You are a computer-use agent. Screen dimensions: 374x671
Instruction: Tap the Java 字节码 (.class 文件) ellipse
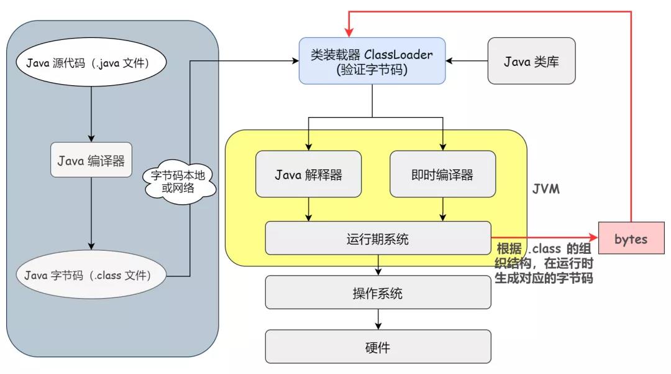91,274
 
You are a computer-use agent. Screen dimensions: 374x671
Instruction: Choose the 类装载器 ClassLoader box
372,61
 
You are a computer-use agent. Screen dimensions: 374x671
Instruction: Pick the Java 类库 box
532,61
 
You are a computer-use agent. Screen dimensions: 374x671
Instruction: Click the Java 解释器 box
308,174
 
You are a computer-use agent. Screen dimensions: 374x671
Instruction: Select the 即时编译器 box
442,174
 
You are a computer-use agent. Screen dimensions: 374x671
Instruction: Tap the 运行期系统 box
378,238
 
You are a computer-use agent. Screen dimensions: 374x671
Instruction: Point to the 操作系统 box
378,292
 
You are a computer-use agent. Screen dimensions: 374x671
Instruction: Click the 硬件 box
378,346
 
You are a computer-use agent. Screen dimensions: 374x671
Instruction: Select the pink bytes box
631,239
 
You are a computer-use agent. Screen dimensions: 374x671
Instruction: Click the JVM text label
545,189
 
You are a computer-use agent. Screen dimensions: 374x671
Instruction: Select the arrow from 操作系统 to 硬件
378,319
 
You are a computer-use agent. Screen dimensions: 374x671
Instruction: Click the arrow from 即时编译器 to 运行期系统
442,209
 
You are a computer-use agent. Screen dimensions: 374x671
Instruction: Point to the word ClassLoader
407,55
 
